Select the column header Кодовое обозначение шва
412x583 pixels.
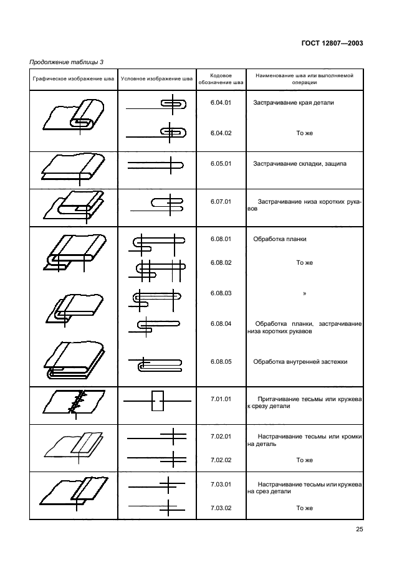[x=221, y=78]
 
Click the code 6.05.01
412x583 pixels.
[x=221, y=164]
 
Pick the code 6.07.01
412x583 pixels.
[x=221, y=202]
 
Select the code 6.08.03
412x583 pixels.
[x=221, y=293]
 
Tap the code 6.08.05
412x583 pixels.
[x=221, y=361]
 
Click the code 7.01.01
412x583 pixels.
[x=221, y=398]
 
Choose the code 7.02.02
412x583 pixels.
[x=221, y=460]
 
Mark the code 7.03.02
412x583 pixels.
[x=221, y=508]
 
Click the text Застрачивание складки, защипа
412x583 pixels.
[x=299, y=164]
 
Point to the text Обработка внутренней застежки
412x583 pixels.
[x=300, y=362]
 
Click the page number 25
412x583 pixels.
[x=359, y=529]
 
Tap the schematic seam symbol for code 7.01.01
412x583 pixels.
[x=157, y=402]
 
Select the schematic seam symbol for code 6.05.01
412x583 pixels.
[x=156, y=166]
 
